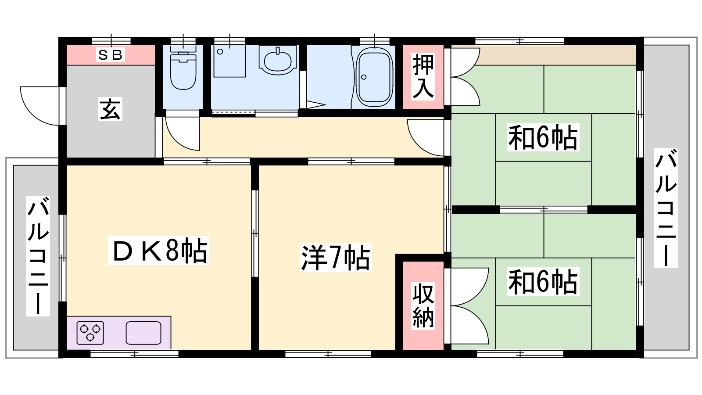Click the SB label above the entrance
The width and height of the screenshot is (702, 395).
coord(110,55)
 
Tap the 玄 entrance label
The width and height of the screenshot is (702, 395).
coord(110,109)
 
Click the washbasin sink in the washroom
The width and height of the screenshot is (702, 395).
coord(278,61)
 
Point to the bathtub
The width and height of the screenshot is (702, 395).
coord(375,77)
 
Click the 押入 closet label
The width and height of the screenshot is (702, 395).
coord(423,77)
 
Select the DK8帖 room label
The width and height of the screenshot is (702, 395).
coord(158,251)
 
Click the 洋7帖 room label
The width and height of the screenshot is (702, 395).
coord(336,258)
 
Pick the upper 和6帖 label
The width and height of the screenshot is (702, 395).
coord(543,137)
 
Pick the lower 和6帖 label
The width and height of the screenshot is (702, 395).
coord(543,281)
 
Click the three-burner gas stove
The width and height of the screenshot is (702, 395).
coord(90,333)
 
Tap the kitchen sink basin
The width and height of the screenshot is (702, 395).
coord(143,333)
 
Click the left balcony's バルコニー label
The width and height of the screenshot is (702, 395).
coord(38,256)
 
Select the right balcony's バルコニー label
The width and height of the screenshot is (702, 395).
coord(666,208)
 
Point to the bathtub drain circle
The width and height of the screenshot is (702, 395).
coord(364,77)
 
